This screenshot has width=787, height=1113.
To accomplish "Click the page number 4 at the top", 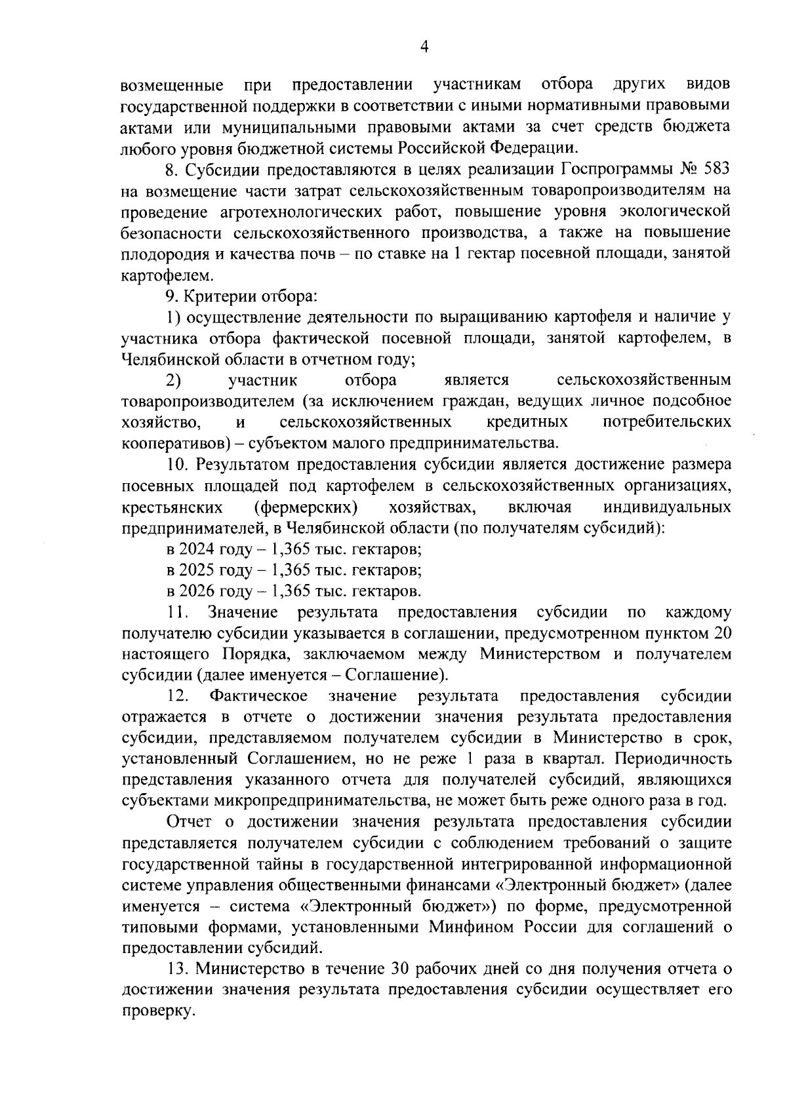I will [424, 47].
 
